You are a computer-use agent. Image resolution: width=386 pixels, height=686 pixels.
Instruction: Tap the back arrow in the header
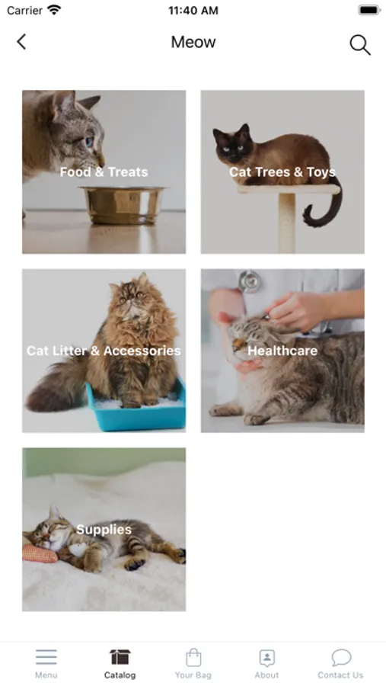21,42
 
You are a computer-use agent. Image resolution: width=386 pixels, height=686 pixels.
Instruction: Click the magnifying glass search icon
360,45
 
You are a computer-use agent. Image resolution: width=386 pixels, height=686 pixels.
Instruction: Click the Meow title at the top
193,42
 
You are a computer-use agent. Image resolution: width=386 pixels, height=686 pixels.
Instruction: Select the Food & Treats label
104,172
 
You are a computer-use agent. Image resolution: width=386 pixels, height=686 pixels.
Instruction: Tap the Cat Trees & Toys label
282,172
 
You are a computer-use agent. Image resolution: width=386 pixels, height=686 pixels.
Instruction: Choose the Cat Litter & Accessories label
104,351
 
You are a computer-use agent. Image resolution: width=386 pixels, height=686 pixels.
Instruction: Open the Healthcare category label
282,351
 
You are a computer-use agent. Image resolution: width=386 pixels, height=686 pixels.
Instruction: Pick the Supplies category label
104,530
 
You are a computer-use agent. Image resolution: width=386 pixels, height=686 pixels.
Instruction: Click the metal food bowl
123,204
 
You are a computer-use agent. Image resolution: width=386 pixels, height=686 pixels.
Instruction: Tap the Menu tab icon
46,657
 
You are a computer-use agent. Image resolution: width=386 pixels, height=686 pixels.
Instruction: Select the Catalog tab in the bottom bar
120,663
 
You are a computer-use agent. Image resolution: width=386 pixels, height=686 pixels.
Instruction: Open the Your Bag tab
193,663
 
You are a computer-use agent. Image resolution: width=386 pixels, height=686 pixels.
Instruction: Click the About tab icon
266,657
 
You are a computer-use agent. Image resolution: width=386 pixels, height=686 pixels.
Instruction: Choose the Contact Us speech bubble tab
340,663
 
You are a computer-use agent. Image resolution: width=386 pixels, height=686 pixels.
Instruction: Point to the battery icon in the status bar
369,10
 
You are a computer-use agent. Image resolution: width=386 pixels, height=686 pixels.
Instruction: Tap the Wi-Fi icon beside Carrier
54,10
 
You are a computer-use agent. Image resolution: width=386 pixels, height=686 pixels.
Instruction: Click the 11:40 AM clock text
193,11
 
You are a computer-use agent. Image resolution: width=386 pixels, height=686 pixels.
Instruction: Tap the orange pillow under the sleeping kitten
40,553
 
